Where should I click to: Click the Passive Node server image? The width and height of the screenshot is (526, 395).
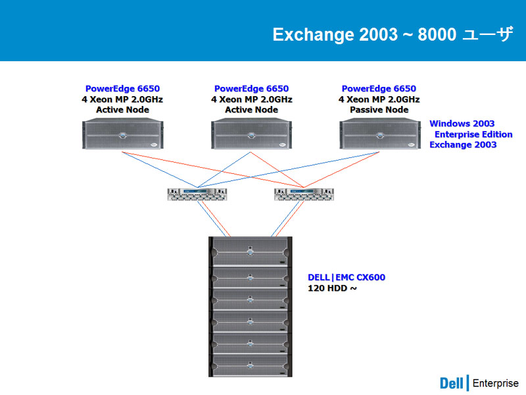coord(380,134)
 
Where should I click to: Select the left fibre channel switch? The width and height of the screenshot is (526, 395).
coord(197,194)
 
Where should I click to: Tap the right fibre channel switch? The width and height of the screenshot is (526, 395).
coord(304,194)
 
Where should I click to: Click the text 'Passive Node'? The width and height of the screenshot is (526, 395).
coord(379,110)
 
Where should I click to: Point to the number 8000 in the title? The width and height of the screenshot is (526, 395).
coord(437,34)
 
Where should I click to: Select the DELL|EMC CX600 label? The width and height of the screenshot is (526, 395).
coord(347,277)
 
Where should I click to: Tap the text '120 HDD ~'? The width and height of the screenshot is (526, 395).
coord(333,288)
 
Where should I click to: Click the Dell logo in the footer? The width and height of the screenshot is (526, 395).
coord(451,383)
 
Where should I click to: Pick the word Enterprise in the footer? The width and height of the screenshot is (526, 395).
coord(496,383)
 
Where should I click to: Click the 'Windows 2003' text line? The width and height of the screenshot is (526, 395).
coord(462,124)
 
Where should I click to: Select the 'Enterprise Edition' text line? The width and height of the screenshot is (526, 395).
coord(473,134)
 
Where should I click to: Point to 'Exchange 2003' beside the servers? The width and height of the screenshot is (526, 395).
coord(463,145)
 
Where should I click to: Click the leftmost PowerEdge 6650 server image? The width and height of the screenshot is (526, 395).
coord(123,134)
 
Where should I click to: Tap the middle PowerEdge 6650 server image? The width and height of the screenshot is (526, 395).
coord(251,134)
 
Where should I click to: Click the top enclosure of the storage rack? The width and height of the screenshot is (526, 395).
coord(251,251)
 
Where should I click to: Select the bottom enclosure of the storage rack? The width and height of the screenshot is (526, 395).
coord(251,365)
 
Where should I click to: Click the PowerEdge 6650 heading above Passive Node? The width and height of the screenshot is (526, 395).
coord(379,89)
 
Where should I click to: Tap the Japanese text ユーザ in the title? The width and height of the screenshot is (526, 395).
coord(487,34)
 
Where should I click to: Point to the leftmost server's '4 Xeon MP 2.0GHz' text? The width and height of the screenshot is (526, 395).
coord(122,99)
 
